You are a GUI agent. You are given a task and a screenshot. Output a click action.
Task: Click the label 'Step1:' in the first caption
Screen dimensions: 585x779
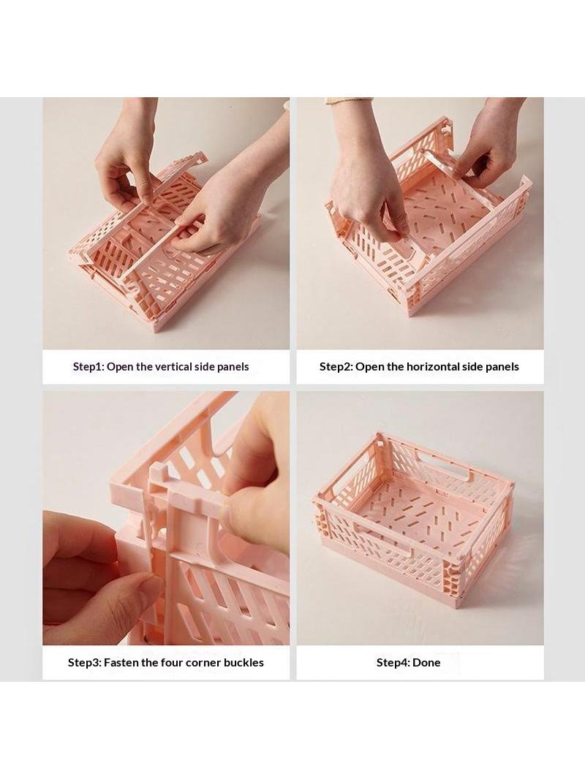click(88, 367)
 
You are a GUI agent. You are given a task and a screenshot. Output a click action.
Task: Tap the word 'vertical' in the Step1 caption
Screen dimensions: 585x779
click(173, 367)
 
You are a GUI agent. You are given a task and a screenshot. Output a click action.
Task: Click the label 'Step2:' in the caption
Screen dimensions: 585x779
click(336, 367)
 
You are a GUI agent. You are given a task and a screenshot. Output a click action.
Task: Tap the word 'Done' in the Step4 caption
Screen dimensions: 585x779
click(426, 662)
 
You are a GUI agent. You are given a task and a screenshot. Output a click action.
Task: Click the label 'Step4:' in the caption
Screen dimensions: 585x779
click(393, 663)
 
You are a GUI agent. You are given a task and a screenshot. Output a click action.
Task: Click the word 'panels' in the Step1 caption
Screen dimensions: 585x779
click(233, 367)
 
